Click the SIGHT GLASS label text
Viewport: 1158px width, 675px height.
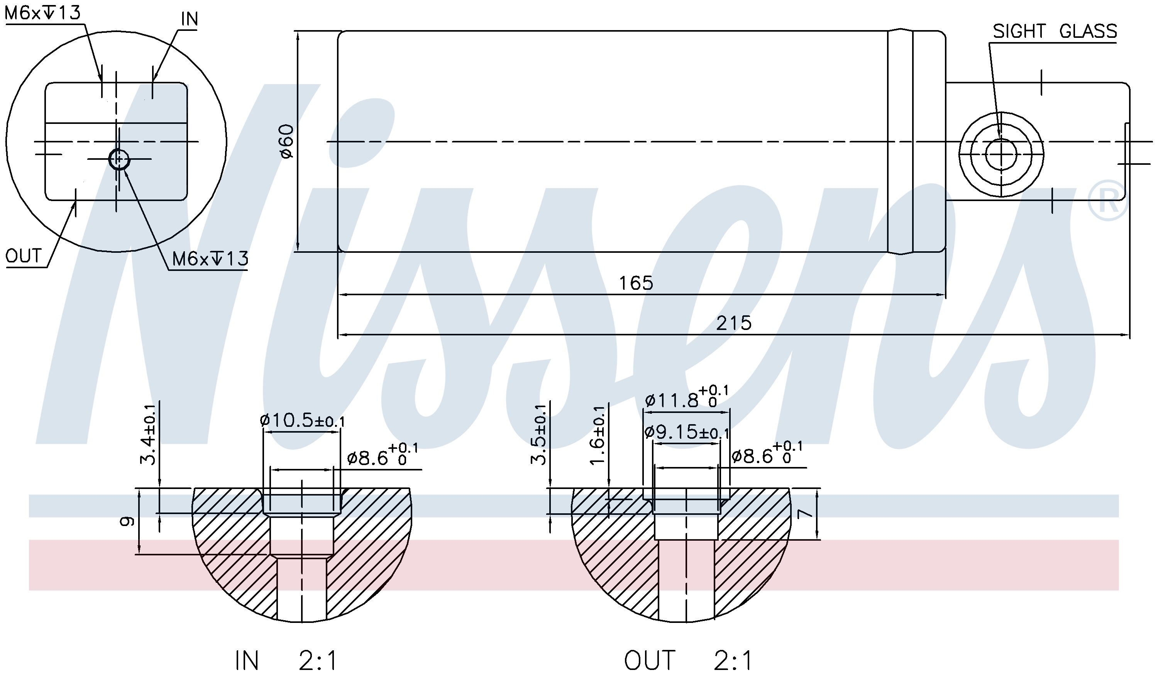coord(1055,31)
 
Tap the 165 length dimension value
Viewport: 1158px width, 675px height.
coord(636,283)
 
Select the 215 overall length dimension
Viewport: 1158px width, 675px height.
coord(734,323)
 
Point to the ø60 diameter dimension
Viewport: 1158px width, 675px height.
coord(287,141)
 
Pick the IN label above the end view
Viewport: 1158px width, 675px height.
coord(189,19)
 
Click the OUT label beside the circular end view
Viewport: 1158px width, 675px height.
coord(24,256)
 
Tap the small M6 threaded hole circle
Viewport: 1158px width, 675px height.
coord(119,159)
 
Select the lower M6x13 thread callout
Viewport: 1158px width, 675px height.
coord(210,259)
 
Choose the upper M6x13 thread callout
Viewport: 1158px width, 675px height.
coord(42,12)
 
